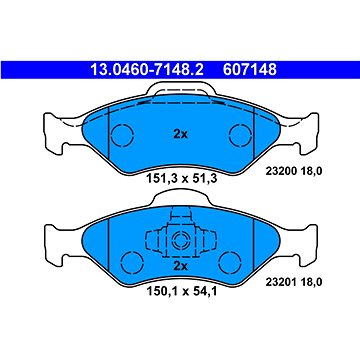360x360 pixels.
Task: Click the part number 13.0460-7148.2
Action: (146, 70)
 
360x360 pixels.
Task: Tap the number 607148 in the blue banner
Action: (250, 70)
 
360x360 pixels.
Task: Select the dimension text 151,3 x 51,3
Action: (182, 179)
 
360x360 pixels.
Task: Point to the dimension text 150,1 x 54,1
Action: (182, 292)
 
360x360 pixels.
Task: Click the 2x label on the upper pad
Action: (181, 134)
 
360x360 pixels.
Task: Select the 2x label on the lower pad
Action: (181, 266)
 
